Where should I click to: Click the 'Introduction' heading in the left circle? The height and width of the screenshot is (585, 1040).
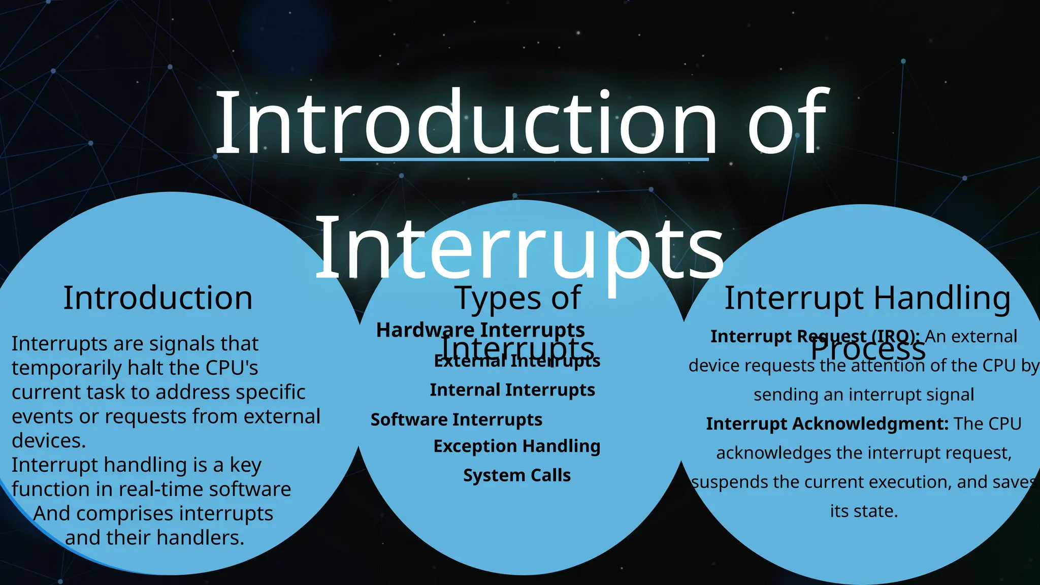tap(157, 298)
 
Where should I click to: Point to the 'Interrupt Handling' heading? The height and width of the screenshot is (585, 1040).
tap(867, 298)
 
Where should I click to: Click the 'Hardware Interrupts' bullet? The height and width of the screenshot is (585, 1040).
tap(480, 331)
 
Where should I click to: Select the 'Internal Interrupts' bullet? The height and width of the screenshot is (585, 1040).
tap(512, 390)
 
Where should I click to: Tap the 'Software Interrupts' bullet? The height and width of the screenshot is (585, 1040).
tap(456, 420)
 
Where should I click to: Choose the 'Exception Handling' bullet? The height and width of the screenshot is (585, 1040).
tap(516, 446)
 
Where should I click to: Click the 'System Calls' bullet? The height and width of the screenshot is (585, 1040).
tap(516, 476)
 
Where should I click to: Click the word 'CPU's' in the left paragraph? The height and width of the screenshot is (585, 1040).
tap(232, 368)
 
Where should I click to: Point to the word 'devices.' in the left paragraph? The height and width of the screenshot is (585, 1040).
tap(49, 441)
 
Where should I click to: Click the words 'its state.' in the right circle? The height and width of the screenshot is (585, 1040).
tap(864, 511)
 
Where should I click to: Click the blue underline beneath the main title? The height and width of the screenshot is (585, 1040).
tap(524, 159)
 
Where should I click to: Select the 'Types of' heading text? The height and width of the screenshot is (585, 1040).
tap(517, 298)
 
